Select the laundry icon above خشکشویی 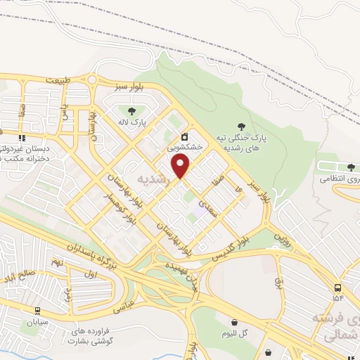click(184, 136)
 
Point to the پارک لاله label click(131, 122)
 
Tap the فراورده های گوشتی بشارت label click(91, 336)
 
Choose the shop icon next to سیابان click(37, 310)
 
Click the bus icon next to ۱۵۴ click(338, 288)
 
